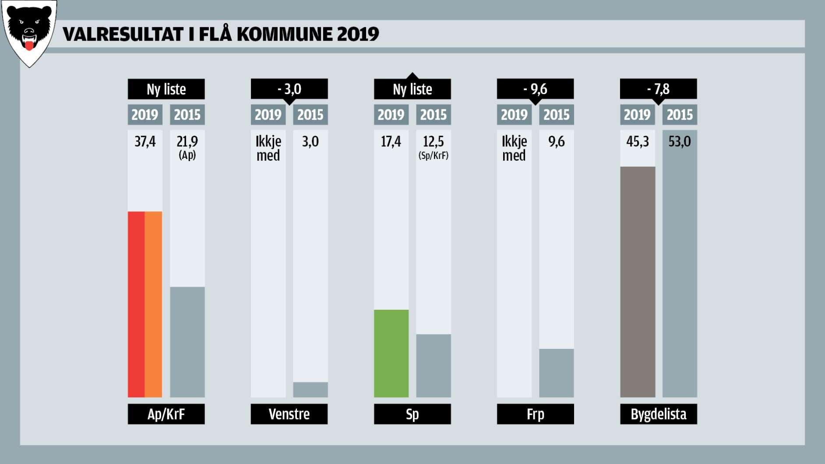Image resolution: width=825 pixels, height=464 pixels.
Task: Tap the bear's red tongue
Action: pos(29,46)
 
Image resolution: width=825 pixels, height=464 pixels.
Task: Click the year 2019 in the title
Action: pos(358,34)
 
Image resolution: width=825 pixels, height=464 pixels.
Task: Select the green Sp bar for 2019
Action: pos(391,353)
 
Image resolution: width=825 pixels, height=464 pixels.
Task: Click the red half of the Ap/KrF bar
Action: pos(136,304)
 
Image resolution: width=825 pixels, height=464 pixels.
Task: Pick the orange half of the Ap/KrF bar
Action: pos(153,304)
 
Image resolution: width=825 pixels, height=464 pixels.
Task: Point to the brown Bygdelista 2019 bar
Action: pos(637,282)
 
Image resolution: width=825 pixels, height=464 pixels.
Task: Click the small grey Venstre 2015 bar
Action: pos(310,389)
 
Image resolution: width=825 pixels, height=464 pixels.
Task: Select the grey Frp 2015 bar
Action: pos(556,373)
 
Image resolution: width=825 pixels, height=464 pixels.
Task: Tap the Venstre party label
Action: pos(289,414)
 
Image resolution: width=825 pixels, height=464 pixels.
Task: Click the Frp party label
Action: pos(535,414)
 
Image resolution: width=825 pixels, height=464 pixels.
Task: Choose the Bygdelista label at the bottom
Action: pos(658,414)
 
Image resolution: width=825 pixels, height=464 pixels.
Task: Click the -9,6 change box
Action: pos(535,89)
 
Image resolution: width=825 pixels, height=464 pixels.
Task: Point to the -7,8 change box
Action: pos(658,89)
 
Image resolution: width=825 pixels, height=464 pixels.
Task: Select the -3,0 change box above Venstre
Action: pos(289,89)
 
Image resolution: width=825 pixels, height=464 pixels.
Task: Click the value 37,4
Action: pos(145,141)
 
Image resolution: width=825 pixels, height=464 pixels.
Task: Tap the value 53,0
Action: pos(679,141)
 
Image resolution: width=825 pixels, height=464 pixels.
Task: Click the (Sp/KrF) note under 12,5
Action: pos(433,155)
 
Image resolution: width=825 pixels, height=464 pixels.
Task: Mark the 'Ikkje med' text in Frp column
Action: pos(514,148)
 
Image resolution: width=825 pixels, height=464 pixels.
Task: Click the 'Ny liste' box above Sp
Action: pos(412,89)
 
